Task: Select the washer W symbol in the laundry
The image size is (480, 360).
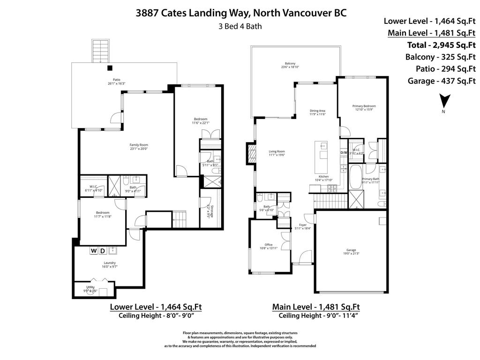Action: [94, 251]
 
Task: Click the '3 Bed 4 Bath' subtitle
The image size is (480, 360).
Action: [240, 26]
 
